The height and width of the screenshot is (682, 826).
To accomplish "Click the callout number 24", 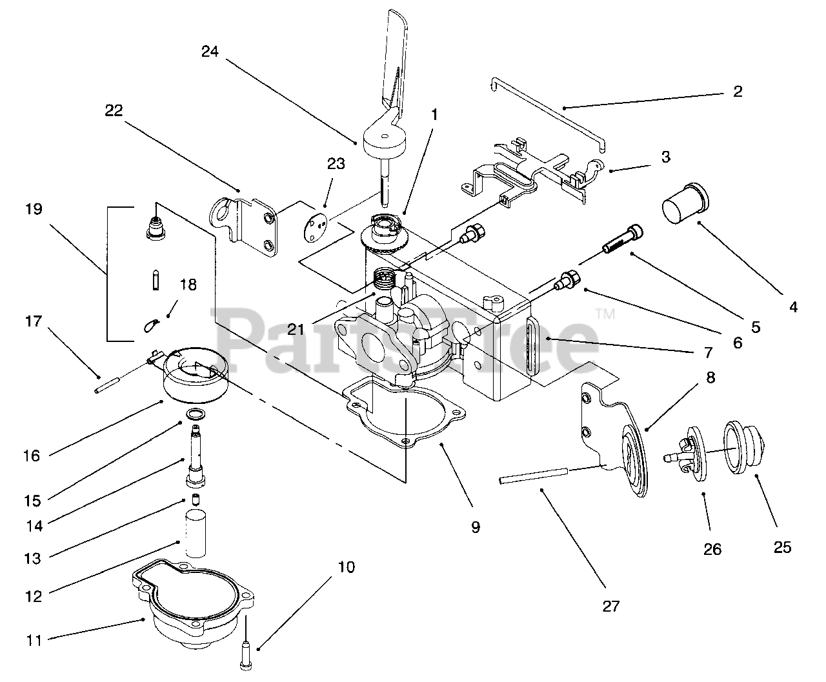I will point(210,52).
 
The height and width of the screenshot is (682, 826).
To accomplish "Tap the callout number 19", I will point(34,209).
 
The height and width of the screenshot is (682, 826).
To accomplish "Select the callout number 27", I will point(611,606).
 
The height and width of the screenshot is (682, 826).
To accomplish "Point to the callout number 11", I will point(34,641).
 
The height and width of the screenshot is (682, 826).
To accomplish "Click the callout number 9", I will point(476,527).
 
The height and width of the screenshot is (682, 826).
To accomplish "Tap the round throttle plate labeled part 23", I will point(316,228).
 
